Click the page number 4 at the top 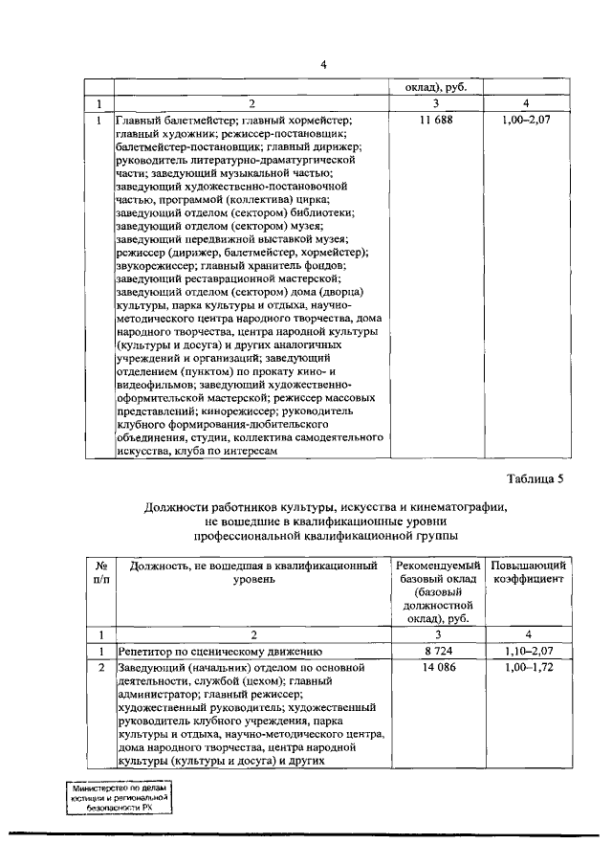pos(323,64)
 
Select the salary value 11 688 pos(436,122)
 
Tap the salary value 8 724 pos(436,650)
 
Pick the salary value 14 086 pos(436,666)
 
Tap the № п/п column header pos(99,572)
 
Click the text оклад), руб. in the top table pos(436,87)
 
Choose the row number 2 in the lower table pos(99,666)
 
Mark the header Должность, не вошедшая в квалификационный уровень pos(253,572)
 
